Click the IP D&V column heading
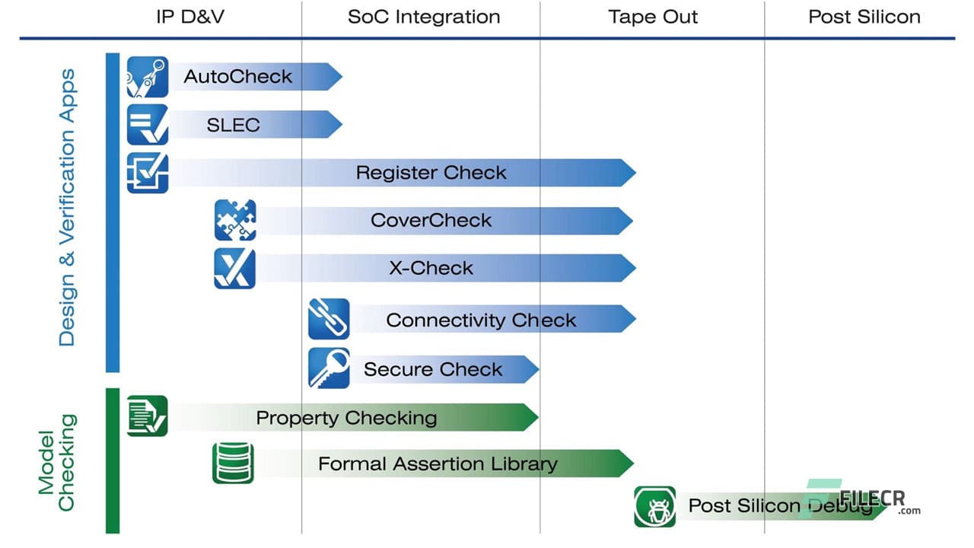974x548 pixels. [190, 17]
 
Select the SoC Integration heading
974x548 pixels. [424, 17]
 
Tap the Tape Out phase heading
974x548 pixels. [653, 17]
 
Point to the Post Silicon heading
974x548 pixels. [864, 17]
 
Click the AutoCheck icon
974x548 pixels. [148, 77]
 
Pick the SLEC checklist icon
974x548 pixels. [148, 125]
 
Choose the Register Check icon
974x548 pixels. [148, 173]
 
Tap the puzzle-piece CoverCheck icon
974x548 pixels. [235, 220]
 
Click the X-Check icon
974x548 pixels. [235, 268]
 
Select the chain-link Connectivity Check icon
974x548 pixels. [329, 319]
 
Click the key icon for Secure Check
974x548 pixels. [329, 368]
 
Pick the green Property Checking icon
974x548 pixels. [148, 416]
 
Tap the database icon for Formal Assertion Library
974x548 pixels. [233, 464]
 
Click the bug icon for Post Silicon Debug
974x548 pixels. [654, 506]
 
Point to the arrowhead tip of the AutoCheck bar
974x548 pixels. [335, 77]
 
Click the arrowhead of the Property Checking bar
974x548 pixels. [530, 417]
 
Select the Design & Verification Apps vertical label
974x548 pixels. [68, 207]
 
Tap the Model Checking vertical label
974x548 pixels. [58, 462]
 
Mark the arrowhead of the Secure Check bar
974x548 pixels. [531, 369]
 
